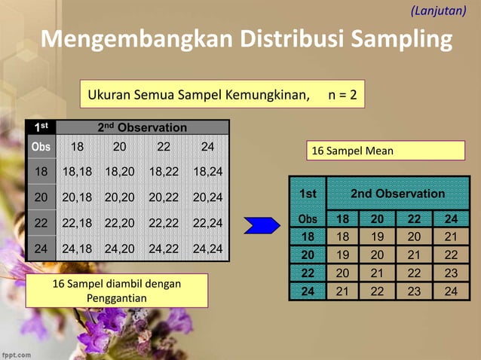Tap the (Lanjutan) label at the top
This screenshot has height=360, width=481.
click(x=444, y=11)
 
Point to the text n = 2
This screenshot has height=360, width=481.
click(x=343, y=96)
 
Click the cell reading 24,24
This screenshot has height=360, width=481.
click(x=207, y=248)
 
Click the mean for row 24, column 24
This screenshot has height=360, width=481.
click(x=451, y=291)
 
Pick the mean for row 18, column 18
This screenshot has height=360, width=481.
click(x=343, y=236)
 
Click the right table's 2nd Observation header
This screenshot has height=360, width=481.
click(x=399, y=194)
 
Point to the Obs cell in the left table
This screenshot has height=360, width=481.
click(x=40, y=145)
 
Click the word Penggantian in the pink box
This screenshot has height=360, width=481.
click(x=116, y=297)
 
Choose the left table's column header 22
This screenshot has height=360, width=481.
click(x=164, y=146)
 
